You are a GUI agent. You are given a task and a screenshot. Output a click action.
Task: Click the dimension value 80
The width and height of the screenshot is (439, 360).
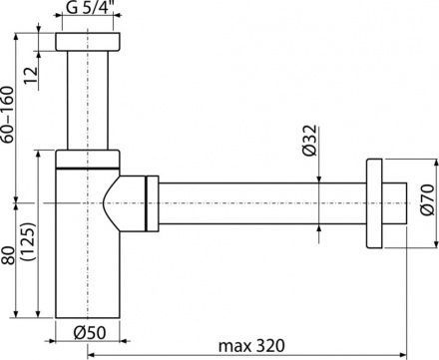pos(10,257)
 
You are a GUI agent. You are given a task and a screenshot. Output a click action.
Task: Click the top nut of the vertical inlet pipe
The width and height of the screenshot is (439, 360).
pos(89,45)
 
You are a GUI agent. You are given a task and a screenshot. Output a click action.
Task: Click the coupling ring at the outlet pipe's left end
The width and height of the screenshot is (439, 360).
pos(153,204)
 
